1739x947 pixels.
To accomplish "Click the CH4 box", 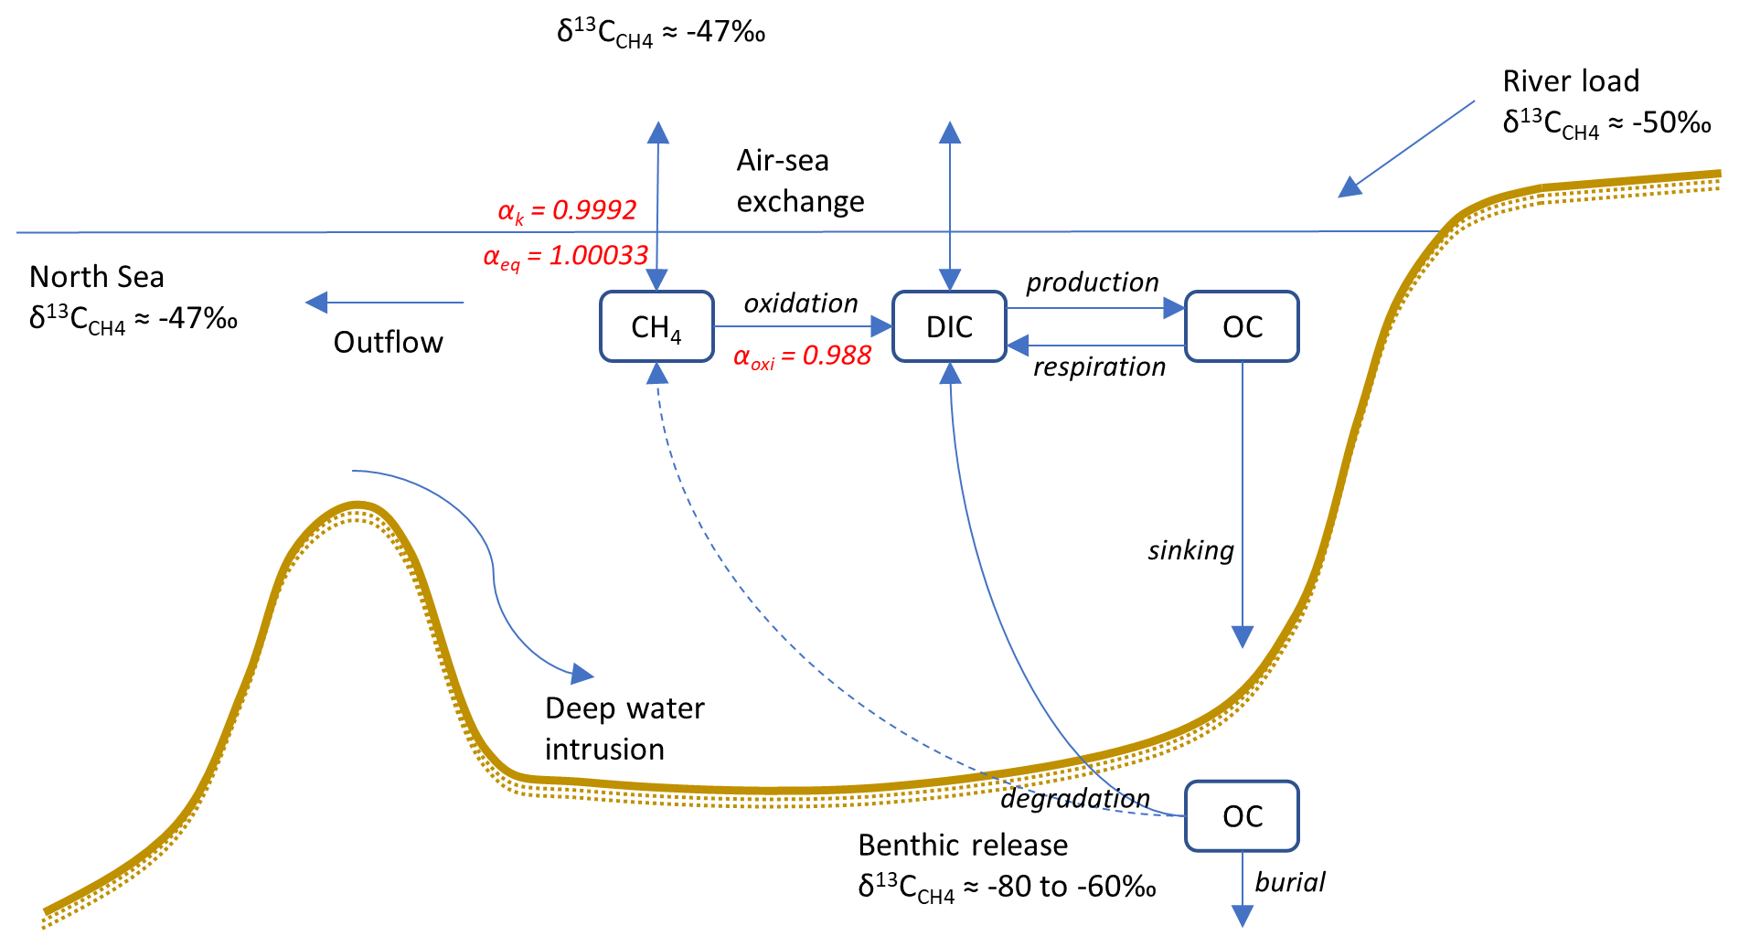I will click(x=656, y=326).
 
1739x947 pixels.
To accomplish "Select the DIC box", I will click(x=949, y=326).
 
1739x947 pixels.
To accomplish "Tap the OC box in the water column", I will click(x=1242, y=326).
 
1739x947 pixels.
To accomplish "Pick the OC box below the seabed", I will click(x=1242, y=815).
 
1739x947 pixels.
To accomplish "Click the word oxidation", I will click(x=801, y=303).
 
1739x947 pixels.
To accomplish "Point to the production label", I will click(x=1093, y=282).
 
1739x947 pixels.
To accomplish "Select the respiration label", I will click(x=1100, y=367).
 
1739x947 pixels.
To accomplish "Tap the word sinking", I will click(x=1190, y=550).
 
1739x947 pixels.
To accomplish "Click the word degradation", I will click(x=1075, y=798).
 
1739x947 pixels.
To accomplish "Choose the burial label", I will click(x=1290, y=882).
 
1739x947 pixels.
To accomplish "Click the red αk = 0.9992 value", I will click(x=567, y=211).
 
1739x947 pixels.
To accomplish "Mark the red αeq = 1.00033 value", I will click(x=566, y=256).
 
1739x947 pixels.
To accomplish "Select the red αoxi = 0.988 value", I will click(x=802, y=356).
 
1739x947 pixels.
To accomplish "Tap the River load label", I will click(x=1571, y=81).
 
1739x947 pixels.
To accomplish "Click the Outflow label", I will click(x=389, y=342).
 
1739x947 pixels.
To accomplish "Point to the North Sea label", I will click(x=97, y=277).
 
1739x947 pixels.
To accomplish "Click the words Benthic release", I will click(x=963, y=845).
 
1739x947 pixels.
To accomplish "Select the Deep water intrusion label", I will click(x=624, y=729).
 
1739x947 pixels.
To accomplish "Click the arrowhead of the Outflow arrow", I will click(x=316, y=303).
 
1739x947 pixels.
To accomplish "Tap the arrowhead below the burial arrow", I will click(x=1242, y=916).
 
